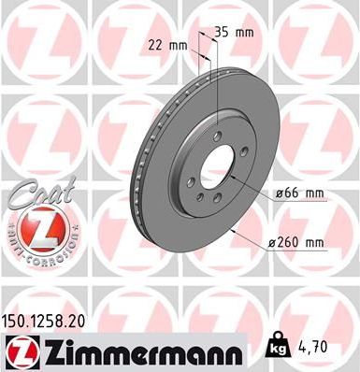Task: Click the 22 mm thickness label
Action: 165,43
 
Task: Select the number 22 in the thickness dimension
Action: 155,43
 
